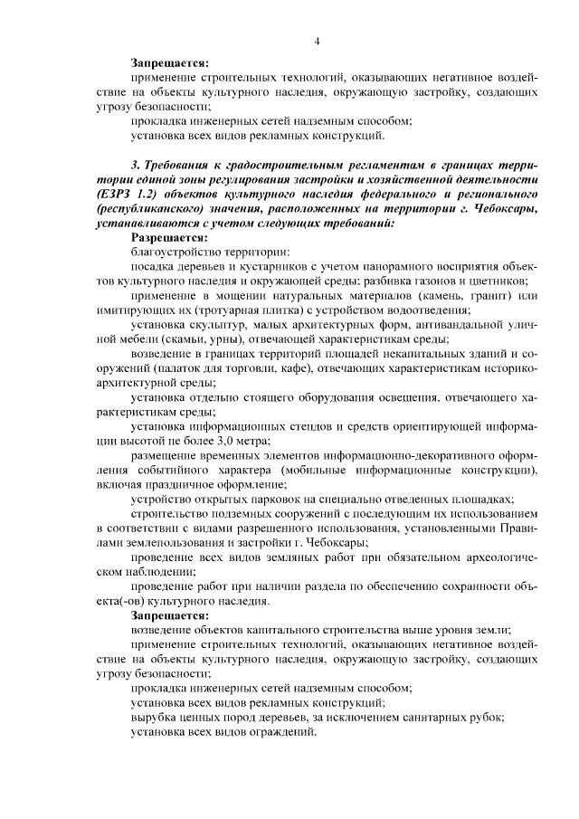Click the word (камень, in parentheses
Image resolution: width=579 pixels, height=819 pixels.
pyautogui.click(x=410, y=295)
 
